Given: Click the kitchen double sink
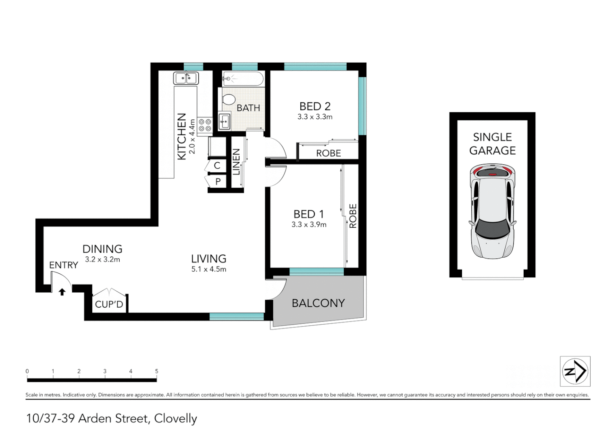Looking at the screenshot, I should pyautogui.click(x=186, y=78).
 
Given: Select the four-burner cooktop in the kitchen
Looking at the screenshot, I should pyautogui.click(x=205, y=125).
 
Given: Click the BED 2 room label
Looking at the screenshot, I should pyautogui.click(x=315, y=106).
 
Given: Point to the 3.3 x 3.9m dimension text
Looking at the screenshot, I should pyautogui.click(x=309, y=224).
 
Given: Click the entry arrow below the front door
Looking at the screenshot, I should pyautogui.click(x=62, y=292).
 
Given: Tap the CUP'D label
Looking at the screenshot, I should pyautogui.click(x=109, y=304).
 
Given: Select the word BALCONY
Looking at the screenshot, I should pyautogui.click(x=318, y=303).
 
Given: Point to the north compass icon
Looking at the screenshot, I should pyautogui.click(x=575, y=371).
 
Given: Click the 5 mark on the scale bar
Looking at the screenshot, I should pyautogui.click(x=156, y=371).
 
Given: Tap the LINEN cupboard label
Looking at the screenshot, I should pyautogui.click(x=237, y=162).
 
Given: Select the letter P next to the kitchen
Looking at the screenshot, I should pyautogui.click(x=218, y=182).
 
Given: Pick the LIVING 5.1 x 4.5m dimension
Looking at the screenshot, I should pyautogui.click(x=208, y=269).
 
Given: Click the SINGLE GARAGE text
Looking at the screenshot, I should pyautogui.click(x=492, y=144).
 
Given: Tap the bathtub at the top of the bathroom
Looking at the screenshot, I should pyautogui.click(x=243, y=79).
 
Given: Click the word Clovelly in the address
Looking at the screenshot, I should pyautogui.click(x=175, y=419).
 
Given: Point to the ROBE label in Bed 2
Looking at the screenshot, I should pyautogui.click(x=328, y=153).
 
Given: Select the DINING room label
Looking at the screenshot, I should pyautogui.click(x=102, y=249).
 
